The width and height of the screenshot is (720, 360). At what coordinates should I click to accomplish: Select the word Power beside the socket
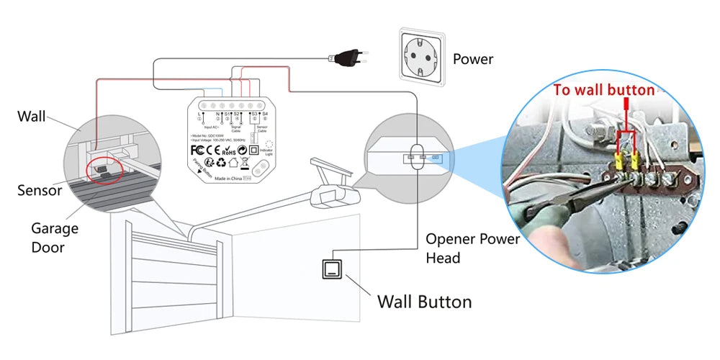coord(473,59)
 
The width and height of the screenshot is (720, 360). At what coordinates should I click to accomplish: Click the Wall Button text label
coord(425,301)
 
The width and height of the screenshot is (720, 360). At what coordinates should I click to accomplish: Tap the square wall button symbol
coord(333,269)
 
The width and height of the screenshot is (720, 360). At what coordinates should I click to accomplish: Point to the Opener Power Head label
coord(472,248)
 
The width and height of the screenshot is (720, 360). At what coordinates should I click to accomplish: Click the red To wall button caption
coord(603,90)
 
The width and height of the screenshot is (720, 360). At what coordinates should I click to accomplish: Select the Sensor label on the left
coord(40,191)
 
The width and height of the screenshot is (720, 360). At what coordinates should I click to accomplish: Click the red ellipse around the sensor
coord(103,170)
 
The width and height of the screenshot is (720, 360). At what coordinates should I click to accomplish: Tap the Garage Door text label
coord(55,238)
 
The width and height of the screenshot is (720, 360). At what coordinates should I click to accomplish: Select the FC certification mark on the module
coord(198,150)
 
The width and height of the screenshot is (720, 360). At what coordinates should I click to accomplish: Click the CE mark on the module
coord(214,150)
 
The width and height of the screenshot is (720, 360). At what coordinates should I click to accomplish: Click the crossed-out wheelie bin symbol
coord(244,164)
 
